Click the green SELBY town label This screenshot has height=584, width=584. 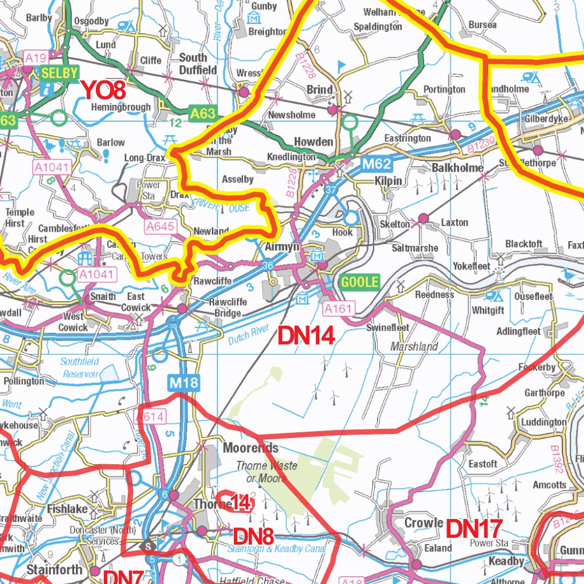tap(59, 73)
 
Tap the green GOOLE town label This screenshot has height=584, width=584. tap(359, 282)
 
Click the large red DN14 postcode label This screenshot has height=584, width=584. tap(306, 336)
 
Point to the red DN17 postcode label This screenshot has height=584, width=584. tap(473, 529)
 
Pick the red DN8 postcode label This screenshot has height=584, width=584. tap(253, 536)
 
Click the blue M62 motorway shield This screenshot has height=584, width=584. tap(377, 165)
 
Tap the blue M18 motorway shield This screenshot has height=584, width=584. tap(184, 383)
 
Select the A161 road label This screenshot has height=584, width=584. tap(339, 309)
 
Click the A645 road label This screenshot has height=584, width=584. tap(160, 227)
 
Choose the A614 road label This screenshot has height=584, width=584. tap(149, 417)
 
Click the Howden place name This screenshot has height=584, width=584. tap(313, 141)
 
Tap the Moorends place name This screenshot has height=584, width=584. tap(251, 448)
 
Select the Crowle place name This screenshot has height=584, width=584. tap(424, 523)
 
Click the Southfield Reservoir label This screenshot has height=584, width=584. tap(80, 368)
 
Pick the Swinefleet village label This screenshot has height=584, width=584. tap(388, 328)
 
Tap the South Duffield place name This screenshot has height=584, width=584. tap(198, 63)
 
